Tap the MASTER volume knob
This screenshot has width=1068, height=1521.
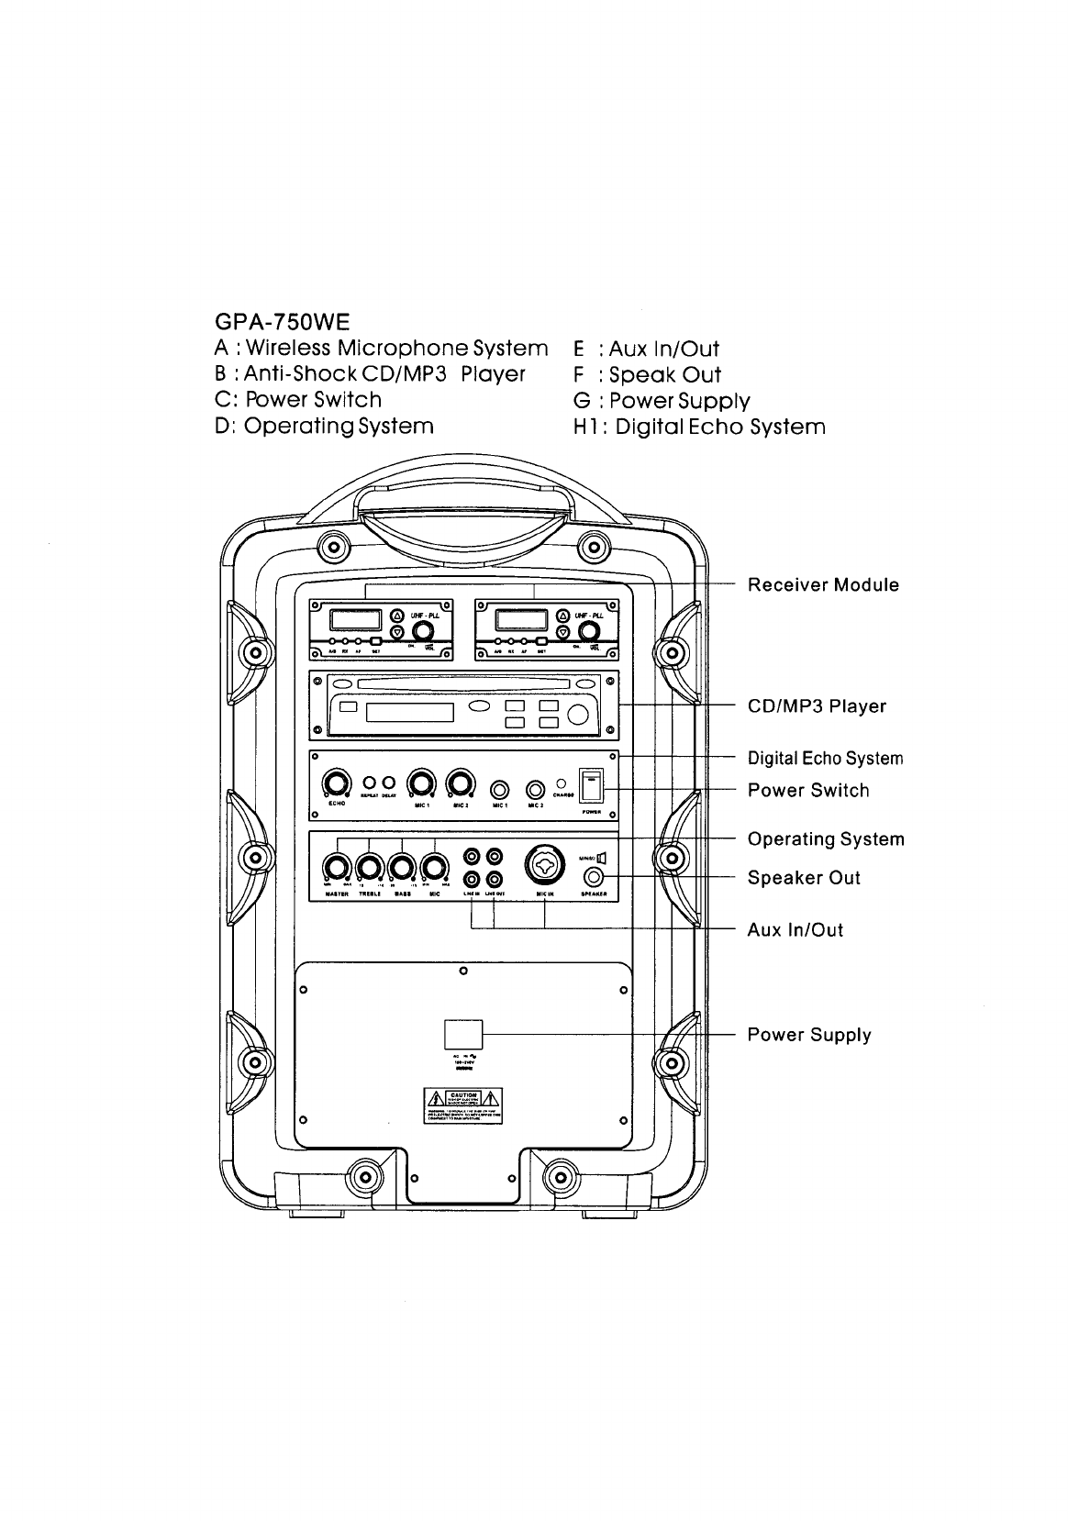pyautogui.click(x=337, y=866)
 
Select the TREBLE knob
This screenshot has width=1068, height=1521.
pyautogui.click(x=370, y=866)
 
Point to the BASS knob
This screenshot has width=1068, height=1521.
pyautogui.click(x=402, y=866)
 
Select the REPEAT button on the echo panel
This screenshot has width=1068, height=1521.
pyautogui.click(x=371, y=783)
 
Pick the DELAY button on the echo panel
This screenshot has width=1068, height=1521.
pyautogui.click(x=388, y=783)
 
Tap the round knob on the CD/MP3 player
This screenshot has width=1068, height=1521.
pyautogui.click(x=580, y=716)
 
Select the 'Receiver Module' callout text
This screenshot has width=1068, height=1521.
pyautogui.click(x=823, y=585)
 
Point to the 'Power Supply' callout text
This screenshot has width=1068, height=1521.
pyautogui.click(x=808, y=1035)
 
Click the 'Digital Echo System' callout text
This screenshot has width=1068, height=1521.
pyautogui.click(x=825, y=759)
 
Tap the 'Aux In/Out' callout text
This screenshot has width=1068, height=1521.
pyautogui.click(x=795, y=930)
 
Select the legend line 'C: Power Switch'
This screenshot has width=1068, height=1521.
pyautogui.click(x=297, y=400)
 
